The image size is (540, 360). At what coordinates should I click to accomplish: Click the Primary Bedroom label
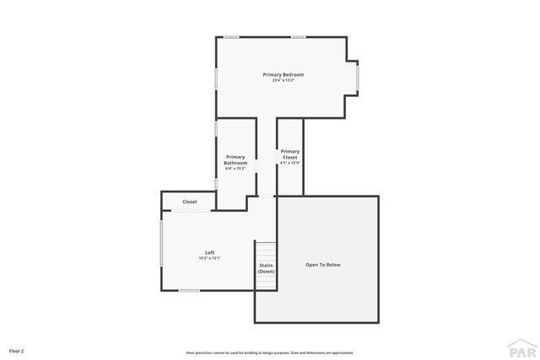[283, 75]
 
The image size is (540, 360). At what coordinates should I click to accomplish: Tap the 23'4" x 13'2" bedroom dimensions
[283, 81]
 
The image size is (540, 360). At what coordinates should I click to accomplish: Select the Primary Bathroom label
[235, 160]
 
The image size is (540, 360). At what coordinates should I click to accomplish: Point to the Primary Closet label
[289, 154]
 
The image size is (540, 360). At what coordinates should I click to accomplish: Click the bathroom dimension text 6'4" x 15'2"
[235, 169]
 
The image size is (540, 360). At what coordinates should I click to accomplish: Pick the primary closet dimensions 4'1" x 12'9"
[289, 164]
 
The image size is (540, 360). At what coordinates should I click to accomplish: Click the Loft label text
[210, 253]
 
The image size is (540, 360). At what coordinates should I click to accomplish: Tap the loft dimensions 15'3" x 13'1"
[210, 258]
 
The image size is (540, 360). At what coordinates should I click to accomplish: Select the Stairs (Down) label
[266, 268]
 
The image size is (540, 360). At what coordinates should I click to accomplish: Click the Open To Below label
[323, 265]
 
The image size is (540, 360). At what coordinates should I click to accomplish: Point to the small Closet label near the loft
[190, 201]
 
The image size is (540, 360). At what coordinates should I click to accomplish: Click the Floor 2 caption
[16, 350]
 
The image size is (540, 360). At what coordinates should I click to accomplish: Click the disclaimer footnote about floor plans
[270, 352]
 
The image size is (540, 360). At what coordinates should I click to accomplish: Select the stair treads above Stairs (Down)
[266, 251]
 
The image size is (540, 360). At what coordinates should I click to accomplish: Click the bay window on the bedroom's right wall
[358, 78]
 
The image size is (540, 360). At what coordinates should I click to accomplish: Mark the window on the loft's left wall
[162, 245]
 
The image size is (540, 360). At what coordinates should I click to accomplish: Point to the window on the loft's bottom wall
[189, 291]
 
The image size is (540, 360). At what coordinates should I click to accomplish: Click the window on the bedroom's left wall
[217, 78]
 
